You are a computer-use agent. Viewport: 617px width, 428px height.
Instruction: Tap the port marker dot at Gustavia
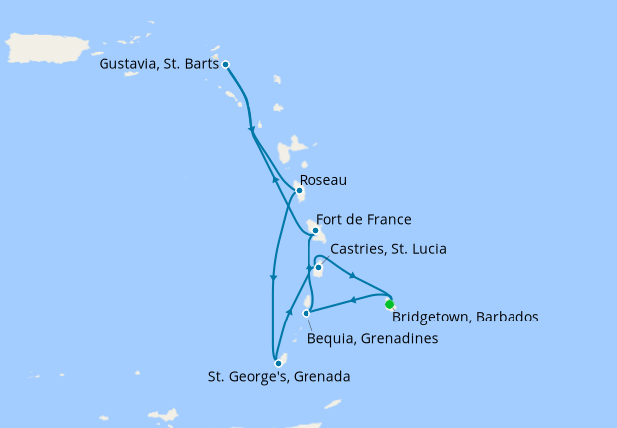(x=226, y=64)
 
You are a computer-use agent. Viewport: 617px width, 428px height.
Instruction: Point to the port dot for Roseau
(x=298, y=191)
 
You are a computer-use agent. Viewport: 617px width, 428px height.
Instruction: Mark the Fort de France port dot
(x=315, y=232)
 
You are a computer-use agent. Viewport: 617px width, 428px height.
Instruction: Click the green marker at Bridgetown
(x=389, y=304)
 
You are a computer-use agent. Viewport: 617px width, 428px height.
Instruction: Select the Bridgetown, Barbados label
(x=465, y=319)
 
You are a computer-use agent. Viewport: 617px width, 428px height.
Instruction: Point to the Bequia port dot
(x=307, y=314)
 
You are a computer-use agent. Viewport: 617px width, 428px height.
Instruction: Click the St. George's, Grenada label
(x=278, y=378)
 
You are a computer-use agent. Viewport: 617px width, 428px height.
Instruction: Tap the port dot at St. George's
(x=277, y=363)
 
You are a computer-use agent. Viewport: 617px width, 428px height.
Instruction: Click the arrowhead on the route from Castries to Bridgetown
(x=354, y=275)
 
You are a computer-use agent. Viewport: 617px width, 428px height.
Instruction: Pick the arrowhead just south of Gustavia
(x=250, y=128)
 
